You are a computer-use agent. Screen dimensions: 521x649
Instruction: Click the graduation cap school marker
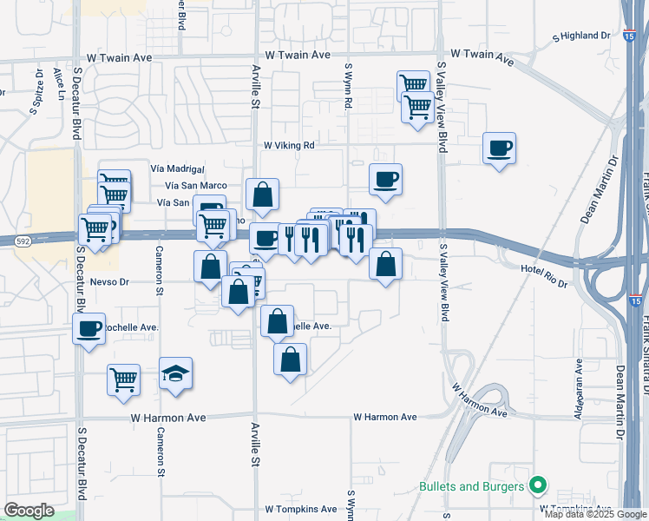[176, 374]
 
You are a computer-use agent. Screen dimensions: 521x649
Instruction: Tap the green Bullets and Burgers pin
[538, 485]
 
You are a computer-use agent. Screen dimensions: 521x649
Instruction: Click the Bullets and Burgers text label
[471, 486]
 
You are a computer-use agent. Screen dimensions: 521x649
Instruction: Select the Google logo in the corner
[29, 511]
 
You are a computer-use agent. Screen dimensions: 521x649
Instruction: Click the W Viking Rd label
[289, 145]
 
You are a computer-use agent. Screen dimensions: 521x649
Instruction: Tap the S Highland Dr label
[581, 36]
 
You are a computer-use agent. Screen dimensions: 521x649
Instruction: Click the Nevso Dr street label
[108, 281]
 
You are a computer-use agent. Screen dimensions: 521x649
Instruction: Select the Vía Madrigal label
[177, 168]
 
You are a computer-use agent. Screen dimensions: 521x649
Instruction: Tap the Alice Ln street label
[59, 82]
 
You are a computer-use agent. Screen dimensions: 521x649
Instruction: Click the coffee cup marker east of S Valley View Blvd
[500, 148]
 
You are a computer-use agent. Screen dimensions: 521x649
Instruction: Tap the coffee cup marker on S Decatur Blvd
[88, 329]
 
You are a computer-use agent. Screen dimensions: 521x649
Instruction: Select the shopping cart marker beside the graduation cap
[124, 379]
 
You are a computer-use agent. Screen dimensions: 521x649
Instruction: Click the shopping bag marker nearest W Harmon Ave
[291, 358]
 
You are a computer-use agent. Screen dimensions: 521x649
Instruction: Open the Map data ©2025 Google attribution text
[594, 514]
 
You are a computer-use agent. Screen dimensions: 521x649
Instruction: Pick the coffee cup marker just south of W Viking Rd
[386, 180]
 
